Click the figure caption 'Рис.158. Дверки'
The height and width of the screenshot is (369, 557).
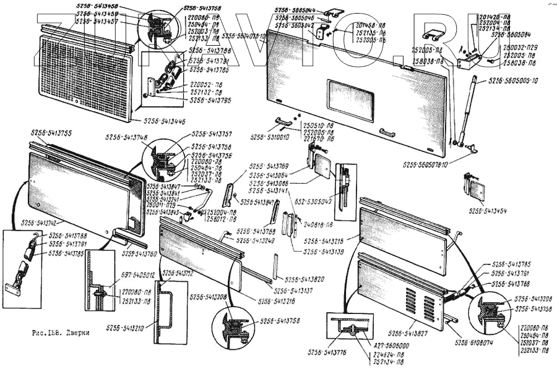[x=59, y=333]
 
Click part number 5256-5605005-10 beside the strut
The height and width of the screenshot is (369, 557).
[x=513, y=80]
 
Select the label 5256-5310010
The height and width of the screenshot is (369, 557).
[x=270, y=137]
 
